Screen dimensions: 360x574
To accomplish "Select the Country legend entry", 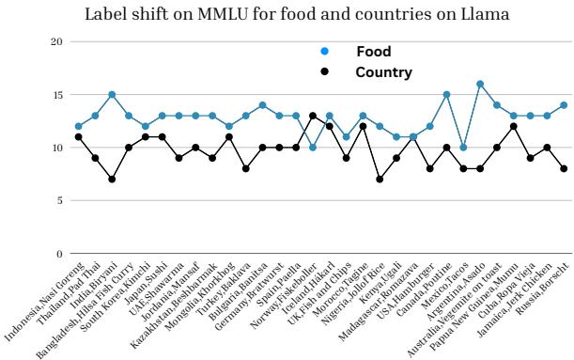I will (x=383, y=71).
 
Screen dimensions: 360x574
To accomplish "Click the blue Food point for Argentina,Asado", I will (x=480, y=85).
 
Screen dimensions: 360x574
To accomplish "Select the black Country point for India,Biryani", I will (x=112, y=179).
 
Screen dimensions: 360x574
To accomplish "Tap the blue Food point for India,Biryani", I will (x=112, y=95).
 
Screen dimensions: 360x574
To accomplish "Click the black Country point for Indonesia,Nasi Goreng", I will (x=78, y=137).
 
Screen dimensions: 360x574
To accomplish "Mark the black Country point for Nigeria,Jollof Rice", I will (x=380, y=179).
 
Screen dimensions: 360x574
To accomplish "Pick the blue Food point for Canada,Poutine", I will (x=446, y=95).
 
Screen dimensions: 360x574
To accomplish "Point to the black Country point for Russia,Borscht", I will (x=563, y=168).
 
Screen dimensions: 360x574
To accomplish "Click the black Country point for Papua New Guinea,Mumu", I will (x=513, y=127).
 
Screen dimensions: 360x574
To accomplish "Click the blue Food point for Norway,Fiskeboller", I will (x=313, y=148).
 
